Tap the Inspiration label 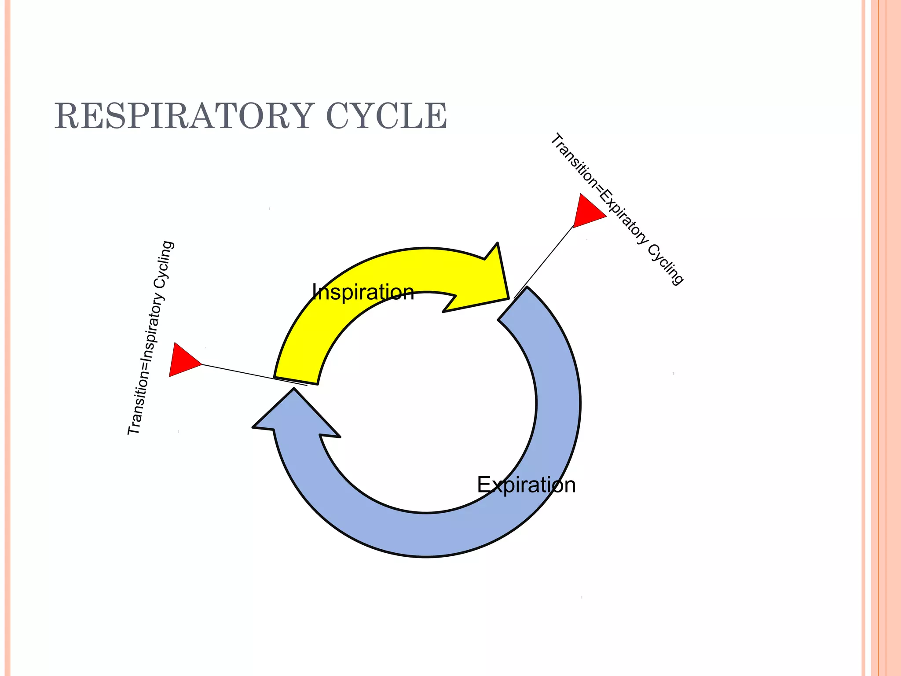pos(363,292)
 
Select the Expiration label pos(526,485)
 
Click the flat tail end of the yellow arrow pos(296,380)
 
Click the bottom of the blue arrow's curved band pos(427,535)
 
